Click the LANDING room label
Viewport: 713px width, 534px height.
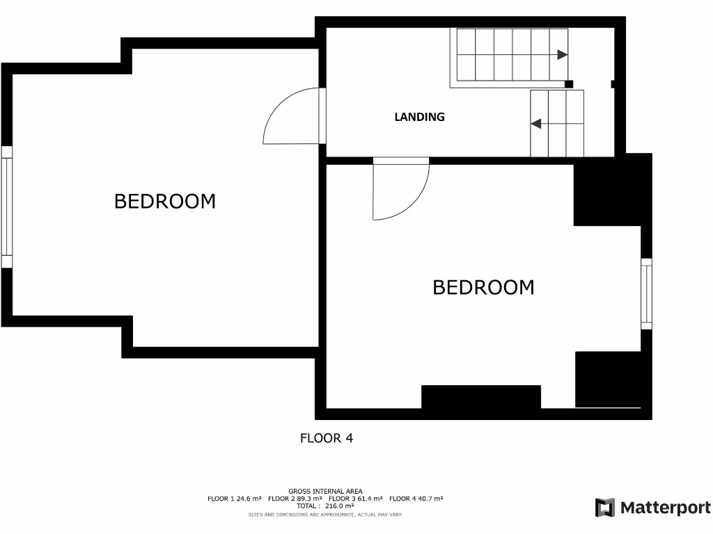pos(419,117)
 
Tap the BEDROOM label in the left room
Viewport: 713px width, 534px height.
pos(165,202)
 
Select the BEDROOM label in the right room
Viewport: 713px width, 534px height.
pos(483,287)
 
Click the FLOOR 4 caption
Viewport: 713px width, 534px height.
pos(327,438)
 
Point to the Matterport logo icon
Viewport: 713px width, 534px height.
pos(605,508)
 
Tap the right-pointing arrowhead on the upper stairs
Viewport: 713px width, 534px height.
pos(562,54)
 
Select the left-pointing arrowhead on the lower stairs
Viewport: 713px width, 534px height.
pos(536,124)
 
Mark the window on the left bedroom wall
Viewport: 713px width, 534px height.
pos(7,207)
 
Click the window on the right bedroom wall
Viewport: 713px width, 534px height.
pos(646,293)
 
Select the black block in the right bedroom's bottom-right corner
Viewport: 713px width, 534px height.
pos(607,379)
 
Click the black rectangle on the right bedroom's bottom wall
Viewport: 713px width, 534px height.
pos(481,396)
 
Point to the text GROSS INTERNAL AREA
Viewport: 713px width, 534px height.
pos(325,491)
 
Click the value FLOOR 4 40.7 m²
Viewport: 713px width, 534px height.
pos(416,499)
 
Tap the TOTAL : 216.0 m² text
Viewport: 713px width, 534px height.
pos(325,506)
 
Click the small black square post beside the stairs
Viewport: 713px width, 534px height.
pos(569,84)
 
